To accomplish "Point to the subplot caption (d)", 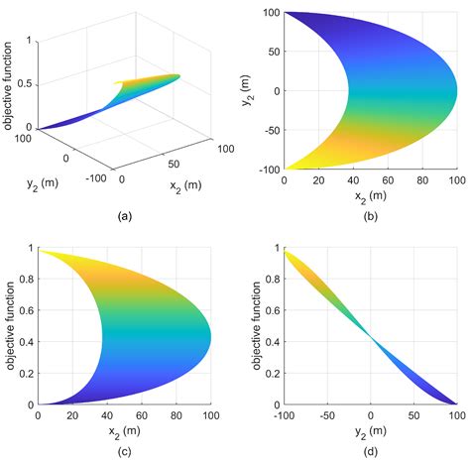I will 370,451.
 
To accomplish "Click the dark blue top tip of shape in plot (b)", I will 288,14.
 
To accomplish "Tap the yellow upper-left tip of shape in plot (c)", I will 40,250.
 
